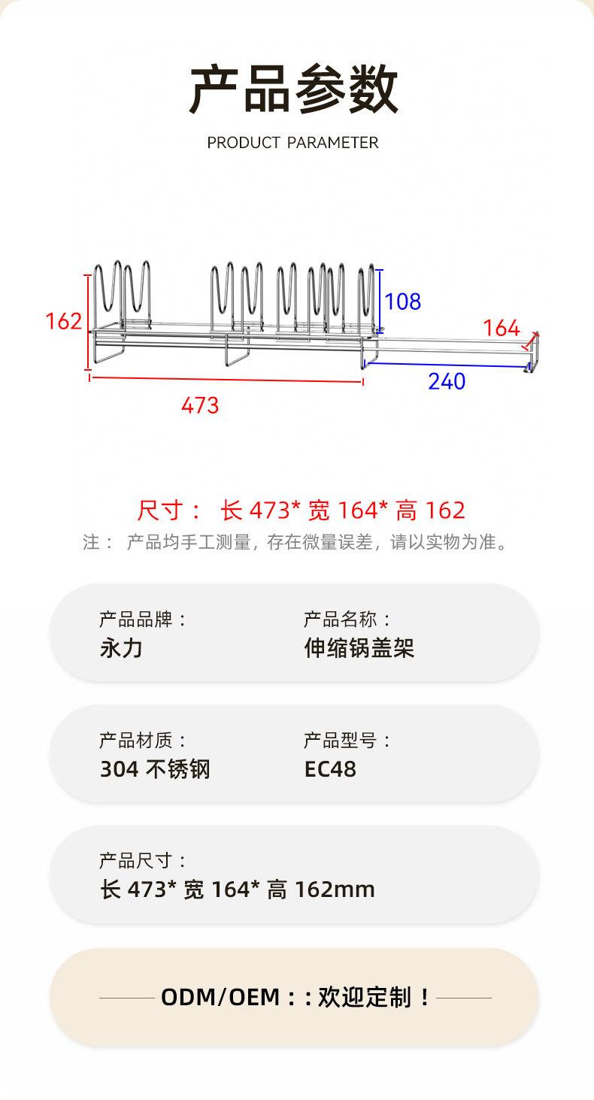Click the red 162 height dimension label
coord(63,322)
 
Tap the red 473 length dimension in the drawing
coord(200,405)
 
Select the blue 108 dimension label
coord(402,302)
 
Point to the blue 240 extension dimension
coord(447,381)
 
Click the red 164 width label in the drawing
coord(502,328)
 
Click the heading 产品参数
coord(293,89)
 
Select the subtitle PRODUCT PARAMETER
coord(292,143)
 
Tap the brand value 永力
coord(121,648)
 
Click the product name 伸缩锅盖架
coord(359,648)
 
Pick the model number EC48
coord(330,769)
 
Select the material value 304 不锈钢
coord(155,769)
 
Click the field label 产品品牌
coord(136,620)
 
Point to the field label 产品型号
coord(340,741)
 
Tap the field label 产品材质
coord(136,741)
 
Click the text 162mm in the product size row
coord(335,889)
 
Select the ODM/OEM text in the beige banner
coord(220,997)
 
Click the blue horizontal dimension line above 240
coord(447,365)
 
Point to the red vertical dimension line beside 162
coord(89,322)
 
